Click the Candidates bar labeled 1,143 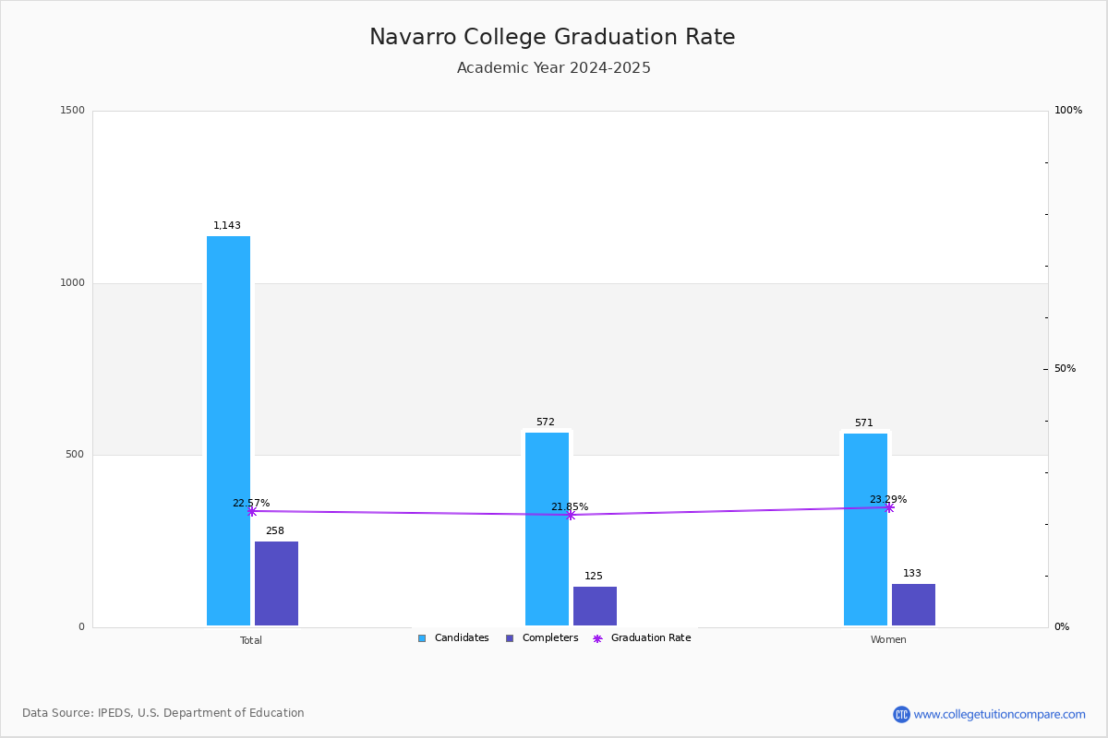pos(228,431)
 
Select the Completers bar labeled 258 pos(276,583)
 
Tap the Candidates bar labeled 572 pos(547,529)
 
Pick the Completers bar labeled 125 pos(595,606)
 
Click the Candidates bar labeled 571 pos(866,530)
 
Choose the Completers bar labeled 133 pos(913,604)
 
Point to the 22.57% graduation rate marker pos(252,512)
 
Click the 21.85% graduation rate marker pos(571,515)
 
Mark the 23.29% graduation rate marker pos(889,507)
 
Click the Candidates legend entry pos(453,638)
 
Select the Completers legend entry pos(542,638)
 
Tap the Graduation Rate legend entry pos(642,638)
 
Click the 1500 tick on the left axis pos(72,110)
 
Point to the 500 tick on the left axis pos(75,454)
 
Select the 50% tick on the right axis pos(1065,368)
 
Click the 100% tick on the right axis pos(1068,110)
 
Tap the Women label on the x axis pos(888,639)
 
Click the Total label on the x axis pos(251,640)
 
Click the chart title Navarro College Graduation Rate pos(552,37)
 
